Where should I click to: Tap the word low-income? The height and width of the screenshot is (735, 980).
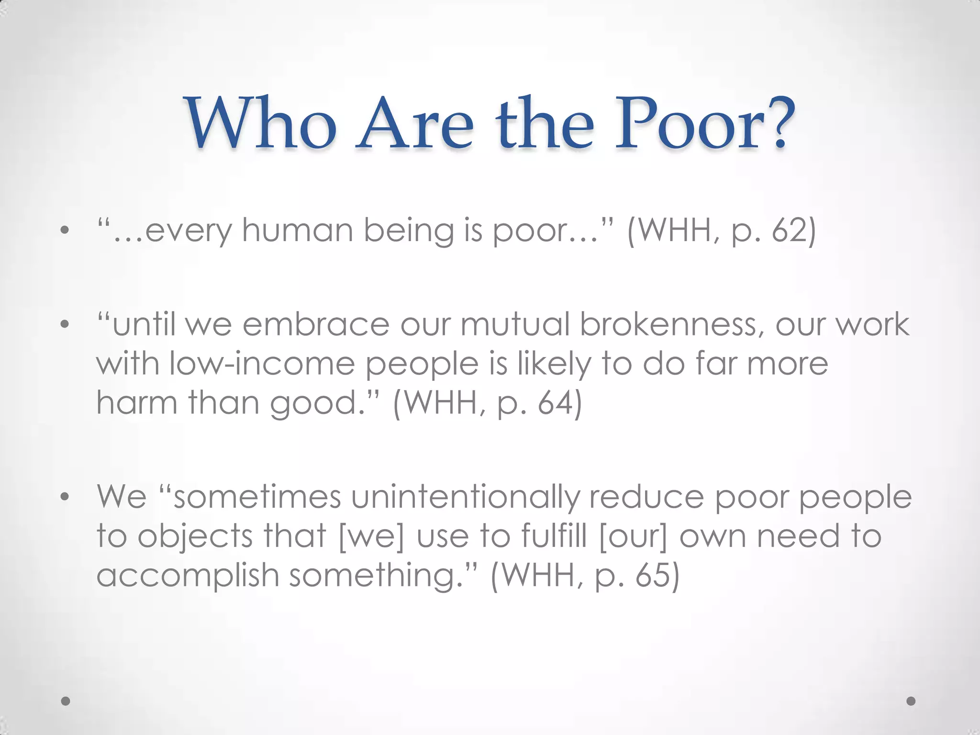[x=262, y=364]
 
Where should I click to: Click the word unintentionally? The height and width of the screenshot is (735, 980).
[x=465, y=497]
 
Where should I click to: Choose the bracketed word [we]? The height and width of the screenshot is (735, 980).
[x=371, y=536]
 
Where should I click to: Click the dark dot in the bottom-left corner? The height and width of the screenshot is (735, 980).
[x=66, y=701]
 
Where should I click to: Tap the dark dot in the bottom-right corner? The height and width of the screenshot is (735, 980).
[x=911, y=701]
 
